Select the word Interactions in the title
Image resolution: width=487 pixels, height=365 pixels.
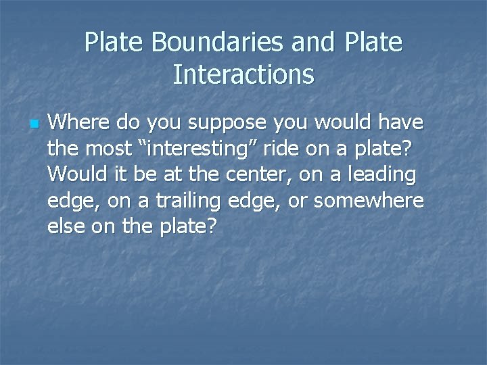[x=243, y=74]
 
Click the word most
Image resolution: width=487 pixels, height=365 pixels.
[x=110, y=149]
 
